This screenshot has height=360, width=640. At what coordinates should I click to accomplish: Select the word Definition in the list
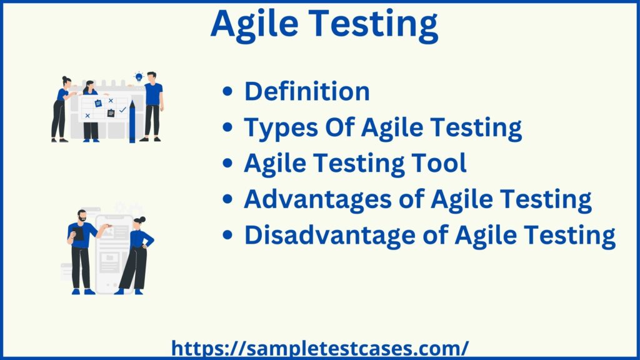[307, 92]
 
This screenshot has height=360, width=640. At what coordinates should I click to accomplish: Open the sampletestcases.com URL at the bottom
[319, 347]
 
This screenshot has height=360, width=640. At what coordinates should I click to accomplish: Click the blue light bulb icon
[139, 77]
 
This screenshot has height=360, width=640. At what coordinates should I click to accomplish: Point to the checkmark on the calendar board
[122, 109]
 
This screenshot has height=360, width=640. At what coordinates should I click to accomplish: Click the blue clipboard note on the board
[98, 103]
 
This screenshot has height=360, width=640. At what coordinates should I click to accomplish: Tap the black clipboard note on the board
[111, 113]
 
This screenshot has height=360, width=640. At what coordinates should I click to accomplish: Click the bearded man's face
[82, 216]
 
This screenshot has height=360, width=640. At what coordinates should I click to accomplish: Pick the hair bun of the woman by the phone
[143, 220]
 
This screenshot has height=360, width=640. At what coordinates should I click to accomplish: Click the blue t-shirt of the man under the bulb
[153, 94]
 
